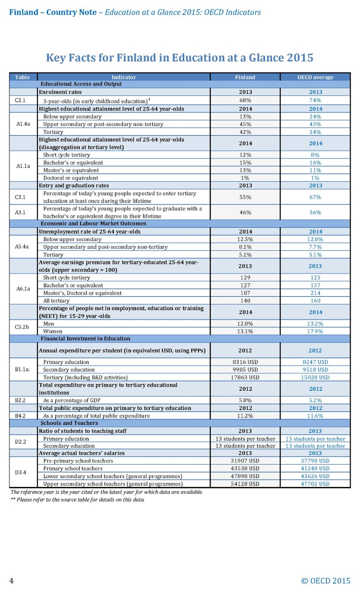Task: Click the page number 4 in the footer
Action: click(11, 581)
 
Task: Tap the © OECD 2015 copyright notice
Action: click(326, 581)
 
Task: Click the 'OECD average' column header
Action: click(315, 77)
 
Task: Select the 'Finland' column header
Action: click(245, 77)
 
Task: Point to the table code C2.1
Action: click(20, 100)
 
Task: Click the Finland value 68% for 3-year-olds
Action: click(245, 100)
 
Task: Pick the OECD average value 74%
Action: click(315, 100)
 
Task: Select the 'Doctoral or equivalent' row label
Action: click(70, 178)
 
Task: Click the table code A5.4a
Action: click(22, 246)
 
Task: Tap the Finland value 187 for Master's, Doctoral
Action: click(245, 293)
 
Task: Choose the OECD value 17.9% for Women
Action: click(315, 331)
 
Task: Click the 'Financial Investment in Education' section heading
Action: click(85, 339)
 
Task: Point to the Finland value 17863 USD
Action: click(245, 377)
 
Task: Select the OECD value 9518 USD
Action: click(315, 370)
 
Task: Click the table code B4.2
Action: click(20, 416)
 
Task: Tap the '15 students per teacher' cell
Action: click(315, 439)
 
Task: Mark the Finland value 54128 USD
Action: click(245, 484)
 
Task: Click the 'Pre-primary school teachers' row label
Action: click(78, 461)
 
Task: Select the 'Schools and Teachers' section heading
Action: click(69, 423)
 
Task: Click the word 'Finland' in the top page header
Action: click(24, 12)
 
